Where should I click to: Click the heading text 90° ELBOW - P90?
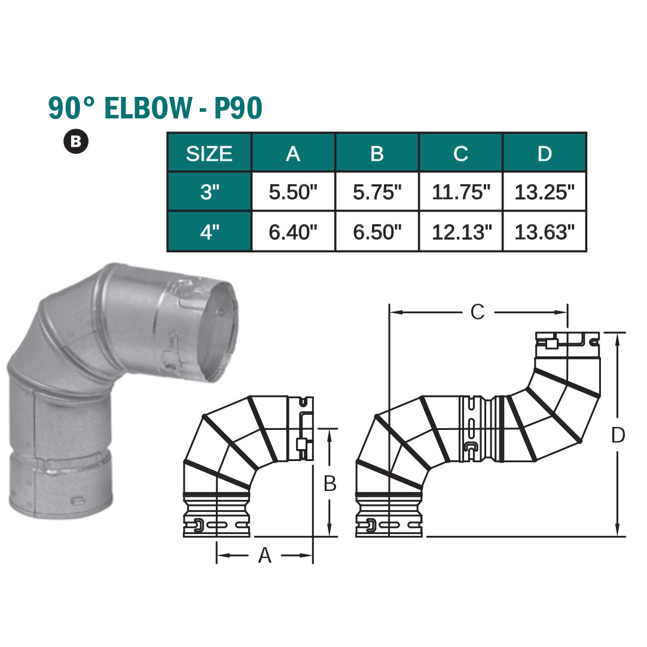155,108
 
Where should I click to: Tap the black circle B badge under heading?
76,141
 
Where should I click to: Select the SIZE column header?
209,154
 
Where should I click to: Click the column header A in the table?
293,154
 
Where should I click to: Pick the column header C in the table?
460,154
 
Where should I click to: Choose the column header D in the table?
544,154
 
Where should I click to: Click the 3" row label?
209,192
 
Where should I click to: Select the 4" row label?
209,231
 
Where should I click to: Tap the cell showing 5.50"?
293,192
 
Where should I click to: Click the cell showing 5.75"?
377,192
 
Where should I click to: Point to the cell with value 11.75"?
460,192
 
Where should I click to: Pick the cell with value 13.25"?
544,192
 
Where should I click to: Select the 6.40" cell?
293,231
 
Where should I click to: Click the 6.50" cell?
377,231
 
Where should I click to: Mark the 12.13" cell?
460,231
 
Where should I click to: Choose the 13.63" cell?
544,231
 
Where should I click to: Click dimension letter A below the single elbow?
264,556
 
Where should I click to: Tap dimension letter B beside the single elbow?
329,484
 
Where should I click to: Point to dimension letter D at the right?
618,435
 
